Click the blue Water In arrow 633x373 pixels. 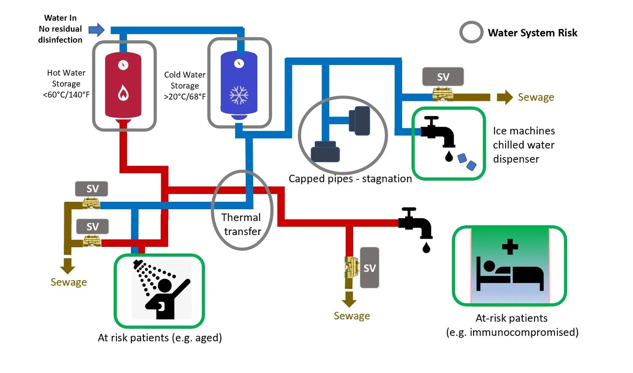click(97, 30)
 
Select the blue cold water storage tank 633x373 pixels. click(239, 84)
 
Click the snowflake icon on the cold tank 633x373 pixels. click(239, 95)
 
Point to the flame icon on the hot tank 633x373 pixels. click(123, 93)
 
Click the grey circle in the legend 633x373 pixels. click(471, 32)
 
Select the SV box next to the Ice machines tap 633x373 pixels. click(443, 77)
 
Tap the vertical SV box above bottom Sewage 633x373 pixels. click(370, 268)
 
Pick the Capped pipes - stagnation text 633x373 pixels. click(350, 178)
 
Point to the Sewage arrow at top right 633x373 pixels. click(504, 97)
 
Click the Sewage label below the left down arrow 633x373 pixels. click(68, 282)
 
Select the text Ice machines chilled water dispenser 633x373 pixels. click(523, 145)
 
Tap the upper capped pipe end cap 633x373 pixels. click(360, 121)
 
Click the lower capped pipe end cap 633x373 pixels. click(325, 152)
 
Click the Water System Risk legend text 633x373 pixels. click(532, 33)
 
